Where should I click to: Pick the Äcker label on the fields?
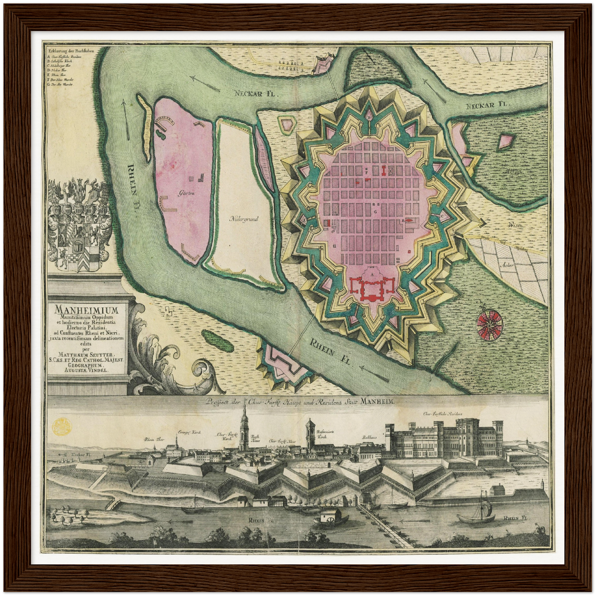[507, 265]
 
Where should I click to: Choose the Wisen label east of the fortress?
[515, 225]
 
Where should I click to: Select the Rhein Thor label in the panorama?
[154, 440]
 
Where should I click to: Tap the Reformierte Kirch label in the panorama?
[324, 434]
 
